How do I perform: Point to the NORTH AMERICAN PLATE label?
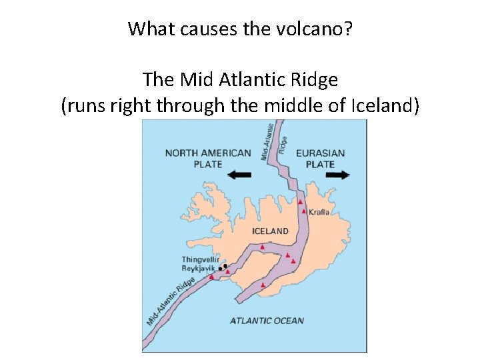pyautogui.click(x=207, y=158)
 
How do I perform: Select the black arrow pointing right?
pyautogui.click(x=338, y=175)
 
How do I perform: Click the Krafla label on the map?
pyautogui.click(x=319, y=213)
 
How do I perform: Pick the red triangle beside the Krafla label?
pyautogui.click(x=304, y=211)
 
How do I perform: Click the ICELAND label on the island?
pyautogui.click(x=270, y=231)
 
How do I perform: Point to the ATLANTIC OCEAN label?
pyautogui.click(x=267, y=321)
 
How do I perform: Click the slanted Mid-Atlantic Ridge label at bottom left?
pyautogui.click(x=171, y=300)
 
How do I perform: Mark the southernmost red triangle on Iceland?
pyautogui.click(x=264, y=285)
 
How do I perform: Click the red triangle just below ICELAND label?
pyautogui.click(x=263, y=247)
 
